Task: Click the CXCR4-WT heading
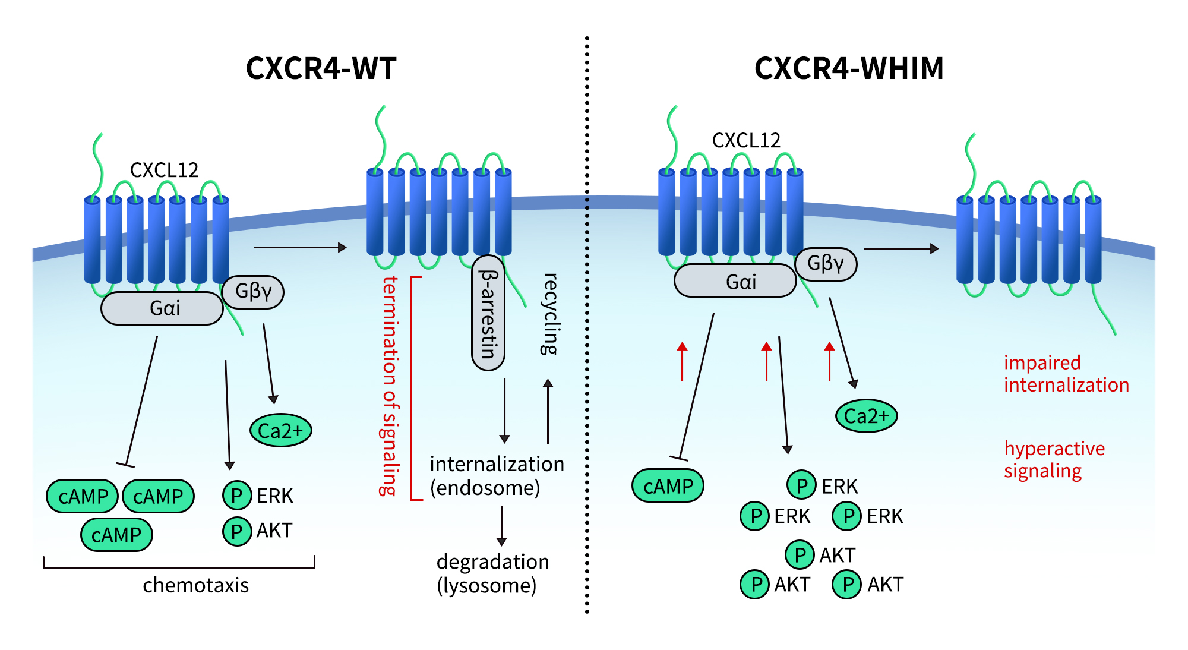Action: tap(321, 68)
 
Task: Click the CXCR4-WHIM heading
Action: tap(849, 68)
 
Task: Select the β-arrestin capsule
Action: tap(488, 313)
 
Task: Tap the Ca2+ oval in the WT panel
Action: tap(281, 430)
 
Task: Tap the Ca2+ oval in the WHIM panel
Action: tap(867, 416)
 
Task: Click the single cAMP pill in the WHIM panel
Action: tap(668, 486)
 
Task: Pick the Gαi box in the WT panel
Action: tap(162, 308)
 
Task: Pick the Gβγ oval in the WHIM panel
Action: tap(826, 264)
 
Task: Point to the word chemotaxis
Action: tap(196, 585)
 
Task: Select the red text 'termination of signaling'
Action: tap(390, 386)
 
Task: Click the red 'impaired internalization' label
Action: tap(1066, 374)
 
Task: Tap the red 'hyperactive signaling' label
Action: tap(1054, 459)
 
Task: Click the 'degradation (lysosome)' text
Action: tap(492, 573)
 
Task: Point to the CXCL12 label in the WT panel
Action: tap(164, 171)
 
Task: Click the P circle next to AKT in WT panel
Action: tap(237, 531)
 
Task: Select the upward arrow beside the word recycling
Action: tap(548, 411)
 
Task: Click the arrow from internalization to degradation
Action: tap(502, 526)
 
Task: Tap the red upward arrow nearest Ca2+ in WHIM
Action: tap(830, 361)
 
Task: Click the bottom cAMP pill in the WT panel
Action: tap(117, 535)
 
